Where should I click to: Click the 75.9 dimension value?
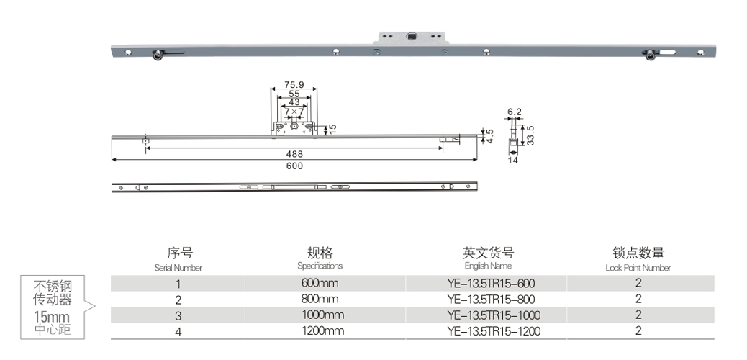(294, 85)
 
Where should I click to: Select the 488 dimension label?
(294, 154)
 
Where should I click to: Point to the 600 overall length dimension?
(294, 166)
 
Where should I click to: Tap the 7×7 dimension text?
(294, 112)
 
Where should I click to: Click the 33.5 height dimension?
(530, 135)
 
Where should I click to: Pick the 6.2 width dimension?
(514, 112)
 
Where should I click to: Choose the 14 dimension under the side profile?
(513, 161)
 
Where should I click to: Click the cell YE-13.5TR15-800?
(491, 299)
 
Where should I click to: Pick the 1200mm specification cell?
(320, 331)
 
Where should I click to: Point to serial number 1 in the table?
(178, 283)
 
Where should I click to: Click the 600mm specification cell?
(320, 283)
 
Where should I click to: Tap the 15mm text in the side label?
(53, 317)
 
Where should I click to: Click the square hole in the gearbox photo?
(412, 35)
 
